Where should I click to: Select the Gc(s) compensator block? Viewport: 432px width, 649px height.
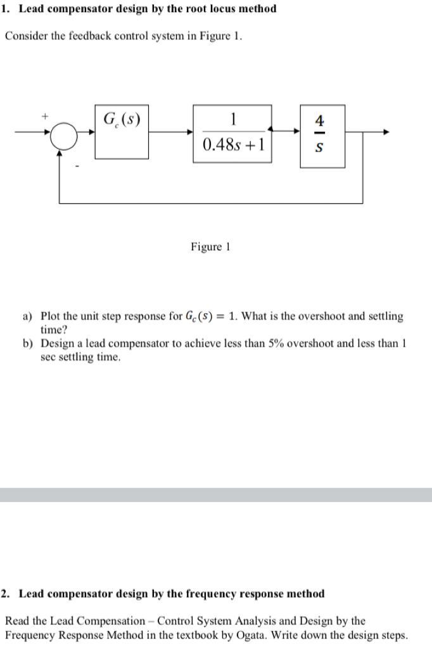click(x=122, y=132)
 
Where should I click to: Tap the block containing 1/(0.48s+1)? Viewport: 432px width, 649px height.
click(x=232, y=132)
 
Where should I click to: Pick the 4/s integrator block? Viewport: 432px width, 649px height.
click(x=322, y=136)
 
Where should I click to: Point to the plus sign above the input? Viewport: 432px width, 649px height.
click(x=45, y=117)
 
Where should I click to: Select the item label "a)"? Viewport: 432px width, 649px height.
click(x=29, y=316)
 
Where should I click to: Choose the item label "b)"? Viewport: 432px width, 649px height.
click(x=29, y=343)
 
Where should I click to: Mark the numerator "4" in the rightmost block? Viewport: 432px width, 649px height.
click(x=320, y=120)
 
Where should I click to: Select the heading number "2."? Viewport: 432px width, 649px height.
click(x=6, y=594)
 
